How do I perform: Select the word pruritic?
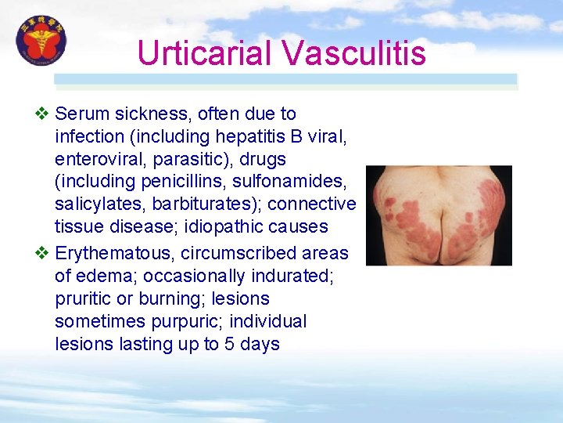[83, 299]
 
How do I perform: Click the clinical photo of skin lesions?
[439, 215]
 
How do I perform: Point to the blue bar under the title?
[285, 79]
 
